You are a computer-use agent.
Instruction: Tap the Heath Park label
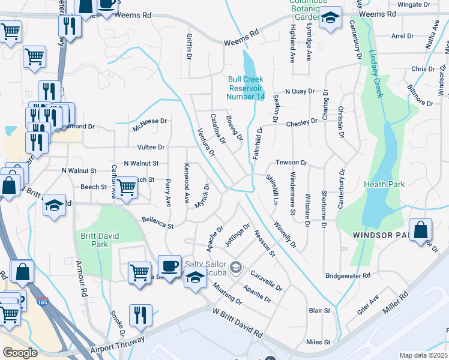[384, 185]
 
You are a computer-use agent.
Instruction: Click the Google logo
[20, 352]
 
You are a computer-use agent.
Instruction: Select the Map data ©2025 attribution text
[423, 355]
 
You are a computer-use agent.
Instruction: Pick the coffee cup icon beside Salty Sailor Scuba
[169, 266]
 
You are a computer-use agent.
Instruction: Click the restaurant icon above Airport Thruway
[140, 315]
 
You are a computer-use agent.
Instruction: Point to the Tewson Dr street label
[291, 163]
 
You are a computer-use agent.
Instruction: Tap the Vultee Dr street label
[151, 147]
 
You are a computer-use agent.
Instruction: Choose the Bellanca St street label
[157, 223]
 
